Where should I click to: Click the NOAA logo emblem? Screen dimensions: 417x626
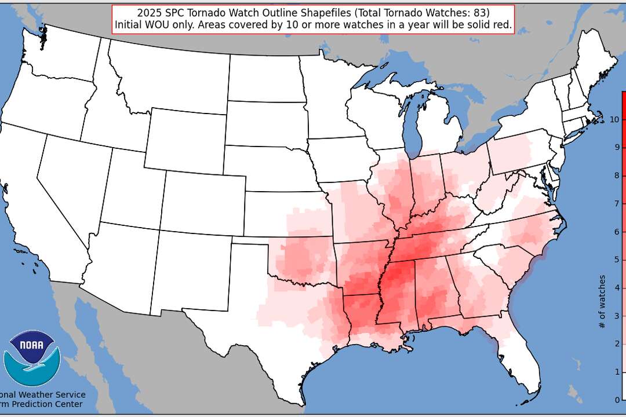click(32, 358)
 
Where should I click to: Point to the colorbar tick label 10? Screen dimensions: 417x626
click(614, 119)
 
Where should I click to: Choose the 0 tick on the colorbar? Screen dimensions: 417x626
click(617, 400)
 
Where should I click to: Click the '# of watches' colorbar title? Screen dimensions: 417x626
click(603, 301)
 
